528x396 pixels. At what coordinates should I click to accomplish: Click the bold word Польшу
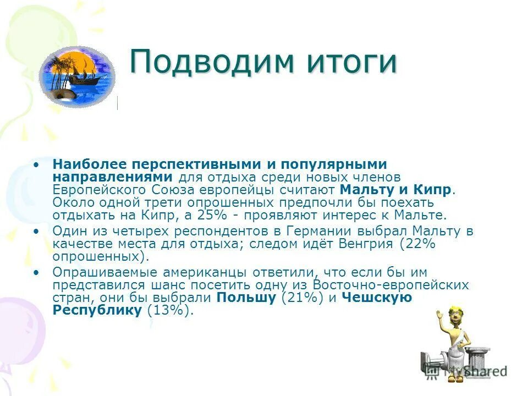pyautogui.click(x=247, y=298)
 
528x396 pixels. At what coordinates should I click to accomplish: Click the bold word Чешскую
pyautogui.click(x=376, y=298)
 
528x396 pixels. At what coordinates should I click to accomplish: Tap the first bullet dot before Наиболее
pyautogui.click(x=36, y=164)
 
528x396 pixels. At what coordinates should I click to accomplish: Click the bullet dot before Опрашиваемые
pyautogui.click(x=36, y=272)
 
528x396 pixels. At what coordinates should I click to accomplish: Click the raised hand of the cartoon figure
pyautogui.click(x=439, y=315)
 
